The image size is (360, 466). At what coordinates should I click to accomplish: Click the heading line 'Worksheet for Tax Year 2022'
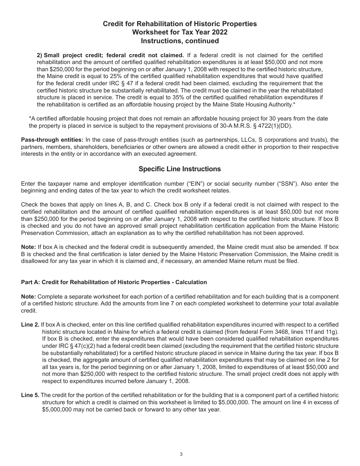point(180,32)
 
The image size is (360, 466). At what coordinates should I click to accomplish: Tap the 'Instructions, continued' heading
point(180,41)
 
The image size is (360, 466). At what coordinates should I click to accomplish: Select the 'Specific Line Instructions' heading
point(180,169)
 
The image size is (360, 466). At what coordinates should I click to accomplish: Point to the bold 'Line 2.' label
point(30,325)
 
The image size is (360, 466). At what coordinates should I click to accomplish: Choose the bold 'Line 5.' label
point(30,395)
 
